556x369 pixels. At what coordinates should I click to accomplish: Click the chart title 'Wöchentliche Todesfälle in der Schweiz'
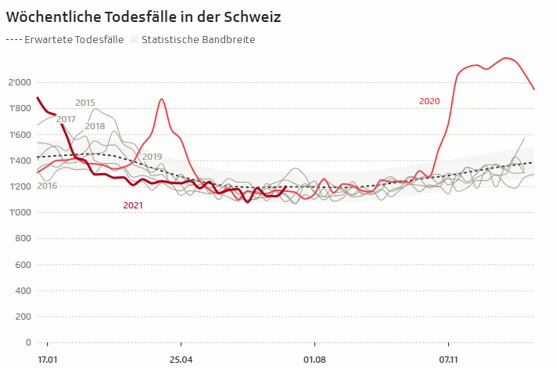143,16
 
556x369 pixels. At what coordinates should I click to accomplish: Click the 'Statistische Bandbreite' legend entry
192,39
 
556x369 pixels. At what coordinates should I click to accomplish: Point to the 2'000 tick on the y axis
20,82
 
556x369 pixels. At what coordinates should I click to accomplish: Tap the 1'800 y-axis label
20,108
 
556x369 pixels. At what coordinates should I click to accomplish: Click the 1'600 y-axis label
20,134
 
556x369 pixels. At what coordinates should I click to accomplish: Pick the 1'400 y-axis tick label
20,161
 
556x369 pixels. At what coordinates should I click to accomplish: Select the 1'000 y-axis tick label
20,212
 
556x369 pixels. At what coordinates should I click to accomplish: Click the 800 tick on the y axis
23,238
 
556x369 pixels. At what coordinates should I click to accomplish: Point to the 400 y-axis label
23,291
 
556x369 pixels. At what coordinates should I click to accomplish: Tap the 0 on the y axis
27,342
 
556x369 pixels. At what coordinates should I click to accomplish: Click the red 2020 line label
429,101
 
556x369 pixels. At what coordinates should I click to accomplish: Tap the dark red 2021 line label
134,205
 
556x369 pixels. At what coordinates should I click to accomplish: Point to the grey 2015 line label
85,103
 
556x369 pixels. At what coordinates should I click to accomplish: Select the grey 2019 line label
152,157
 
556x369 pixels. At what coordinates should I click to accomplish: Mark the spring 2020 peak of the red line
161,99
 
